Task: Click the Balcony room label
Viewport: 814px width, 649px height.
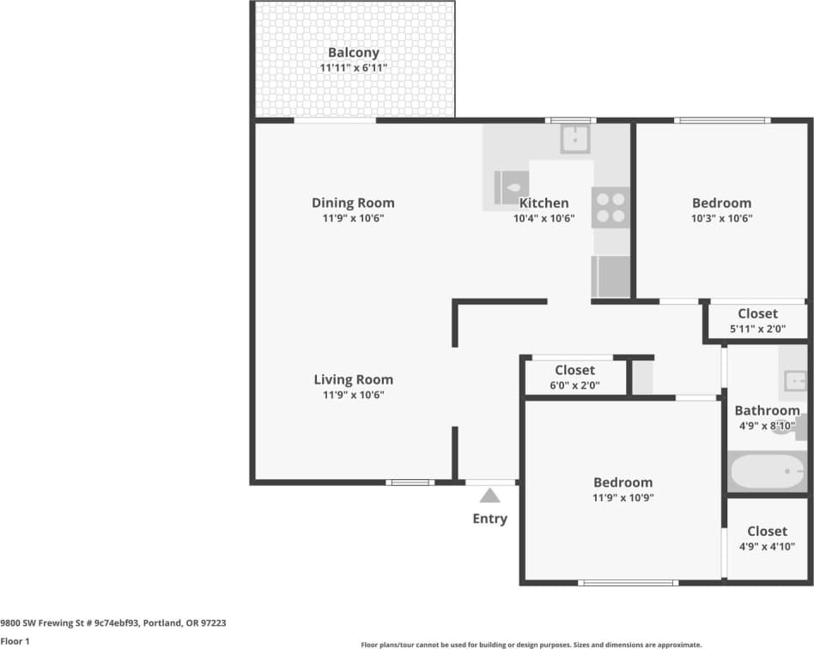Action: (353, 52)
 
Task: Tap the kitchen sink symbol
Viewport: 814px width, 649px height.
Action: (575, 138)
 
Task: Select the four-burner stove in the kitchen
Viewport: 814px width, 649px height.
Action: (610, 207)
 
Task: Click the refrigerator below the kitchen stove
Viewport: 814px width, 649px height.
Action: (610, 276)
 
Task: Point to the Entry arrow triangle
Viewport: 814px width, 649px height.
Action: (489, 495)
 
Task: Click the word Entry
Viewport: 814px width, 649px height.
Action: (489, 519)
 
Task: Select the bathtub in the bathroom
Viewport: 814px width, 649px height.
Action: (767, 471)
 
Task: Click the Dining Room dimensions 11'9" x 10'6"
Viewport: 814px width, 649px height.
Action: (353, 219)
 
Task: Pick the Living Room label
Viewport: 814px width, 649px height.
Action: (353, 379)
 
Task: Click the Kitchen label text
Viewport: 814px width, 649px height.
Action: (544, 203)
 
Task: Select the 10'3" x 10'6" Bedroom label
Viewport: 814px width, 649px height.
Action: (721, 210)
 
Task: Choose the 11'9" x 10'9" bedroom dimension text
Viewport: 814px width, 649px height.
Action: (623, 498)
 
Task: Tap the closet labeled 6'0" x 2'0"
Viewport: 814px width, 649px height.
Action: (574, 378)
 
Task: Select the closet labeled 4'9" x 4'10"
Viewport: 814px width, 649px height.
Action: (766, 538)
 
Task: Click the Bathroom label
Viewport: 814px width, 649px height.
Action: (766, 411)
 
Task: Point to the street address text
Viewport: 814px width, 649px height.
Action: (114, 623)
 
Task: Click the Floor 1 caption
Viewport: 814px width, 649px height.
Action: (15, 641)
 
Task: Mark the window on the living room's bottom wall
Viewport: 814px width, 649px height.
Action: (410, 482)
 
